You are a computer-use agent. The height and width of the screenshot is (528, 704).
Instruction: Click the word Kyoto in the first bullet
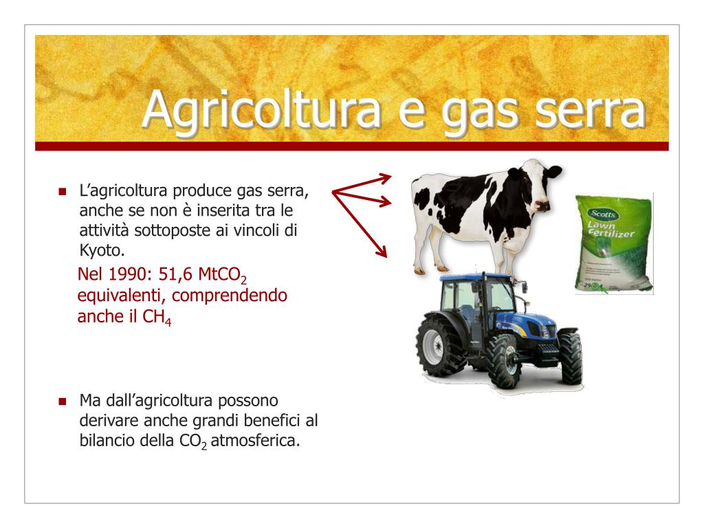[x=102, y=250]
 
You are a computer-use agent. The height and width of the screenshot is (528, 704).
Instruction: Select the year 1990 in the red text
[x=127, y=274]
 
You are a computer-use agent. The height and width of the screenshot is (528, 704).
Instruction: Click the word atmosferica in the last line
[x=255, y=441]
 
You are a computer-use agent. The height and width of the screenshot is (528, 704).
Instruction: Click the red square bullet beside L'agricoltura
[x=63, y=192]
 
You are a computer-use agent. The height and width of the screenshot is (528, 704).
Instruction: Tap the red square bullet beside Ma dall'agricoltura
[x=63, y=401]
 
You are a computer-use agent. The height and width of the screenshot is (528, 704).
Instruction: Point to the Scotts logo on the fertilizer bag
[x=604, y=214]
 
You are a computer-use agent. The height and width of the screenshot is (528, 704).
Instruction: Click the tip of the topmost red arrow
[x=391, y=177]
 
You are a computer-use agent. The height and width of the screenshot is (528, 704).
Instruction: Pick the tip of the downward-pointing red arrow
[x=386, y=257]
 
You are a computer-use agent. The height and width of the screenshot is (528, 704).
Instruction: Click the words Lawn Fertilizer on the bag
[x=610, y=229]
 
